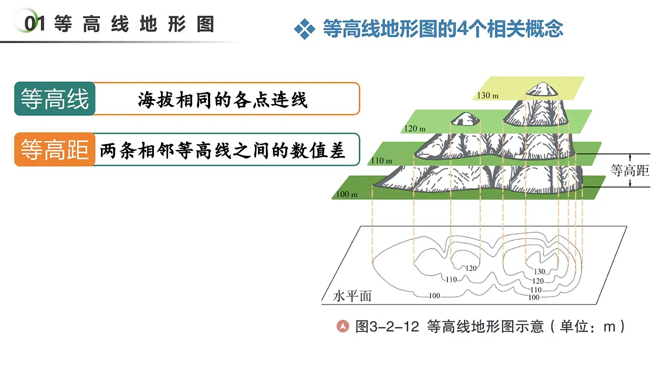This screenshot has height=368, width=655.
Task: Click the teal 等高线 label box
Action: (55, 99)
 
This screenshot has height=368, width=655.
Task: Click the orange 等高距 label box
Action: (55, 149)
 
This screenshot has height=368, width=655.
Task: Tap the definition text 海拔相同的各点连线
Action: (223, 100)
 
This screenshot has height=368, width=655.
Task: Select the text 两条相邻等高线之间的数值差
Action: (222, 150)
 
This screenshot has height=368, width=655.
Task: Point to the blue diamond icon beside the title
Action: (305, 29)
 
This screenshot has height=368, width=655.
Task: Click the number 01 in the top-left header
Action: (35, 23)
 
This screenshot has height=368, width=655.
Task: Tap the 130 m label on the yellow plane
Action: (488, 95)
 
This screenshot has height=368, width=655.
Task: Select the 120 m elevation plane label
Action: (415, 129)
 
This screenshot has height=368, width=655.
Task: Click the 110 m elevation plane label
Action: (382, 161)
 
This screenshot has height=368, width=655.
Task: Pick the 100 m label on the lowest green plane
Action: (347, 194)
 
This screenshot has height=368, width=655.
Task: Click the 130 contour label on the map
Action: (539, 272)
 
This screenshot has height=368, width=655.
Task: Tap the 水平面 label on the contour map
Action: (352, 296)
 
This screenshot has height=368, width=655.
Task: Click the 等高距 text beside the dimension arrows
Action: (629, 170)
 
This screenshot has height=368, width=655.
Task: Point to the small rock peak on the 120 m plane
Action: (465, 119)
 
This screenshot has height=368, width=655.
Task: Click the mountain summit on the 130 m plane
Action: (542, 89)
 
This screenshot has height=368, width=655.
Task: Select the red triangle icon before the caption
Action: (343, 326)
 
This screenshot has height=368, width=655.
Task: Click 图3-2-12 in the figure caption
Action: (387, 326)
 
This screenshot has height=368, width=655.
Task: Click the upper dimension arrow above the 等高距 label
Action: (630, 158)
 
